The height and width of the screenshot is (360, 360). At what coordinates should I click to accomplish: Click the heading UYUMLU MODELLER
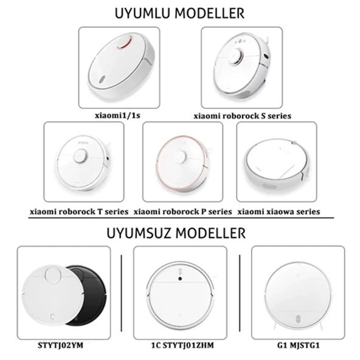pyautogui.click(x=181, y=12)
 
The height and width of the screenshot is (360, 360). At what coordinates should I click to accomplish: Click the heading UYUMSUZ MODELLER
pyautogui.click(x=177, y=234)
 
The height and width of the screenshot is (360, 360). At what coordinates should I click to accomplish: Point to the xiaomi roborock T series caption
pyautogui.click(x=79, y=212)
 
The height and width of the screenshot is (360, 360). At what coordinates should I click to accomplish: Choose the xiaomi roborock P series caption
pyautogui.click(x=182, y=212)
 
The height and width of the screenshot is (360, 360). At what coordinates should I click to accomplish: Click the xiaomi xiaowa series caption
pyautogui.click(x=278, y=212)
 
